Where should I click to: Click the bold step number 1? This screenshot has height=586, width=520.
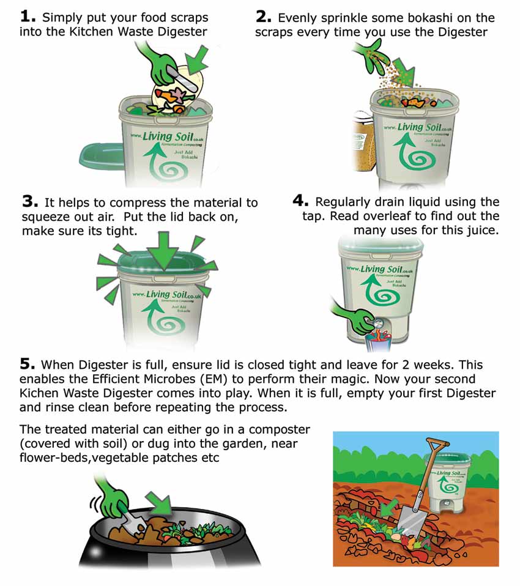click(x=28, y=17)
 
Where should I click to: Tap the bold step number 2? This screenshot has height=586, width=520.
click(x=263, y=17)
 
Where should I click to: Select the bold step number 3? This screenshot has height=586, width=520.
click(x=30, y=202)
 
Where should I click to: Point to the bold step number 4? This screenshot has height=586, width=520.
click(x=300, y=201)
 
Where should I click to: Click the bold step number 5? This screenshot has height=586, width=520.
click(x=28, y=363)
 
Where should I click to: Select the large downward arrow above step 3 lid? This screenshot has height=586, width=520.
click(x=164, y=250)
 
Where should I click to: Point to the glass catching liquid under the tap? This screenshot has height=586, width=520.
click(x=377, y=343)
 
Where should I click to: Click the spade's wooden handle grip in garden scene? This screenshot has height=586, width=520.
click(x=437, y=445)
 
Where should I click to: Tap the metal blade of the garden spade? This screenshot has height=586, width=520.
click(x=410, y=522)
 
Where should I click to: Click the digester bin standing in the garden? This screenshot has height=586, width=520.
click(x=448, y=482)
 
